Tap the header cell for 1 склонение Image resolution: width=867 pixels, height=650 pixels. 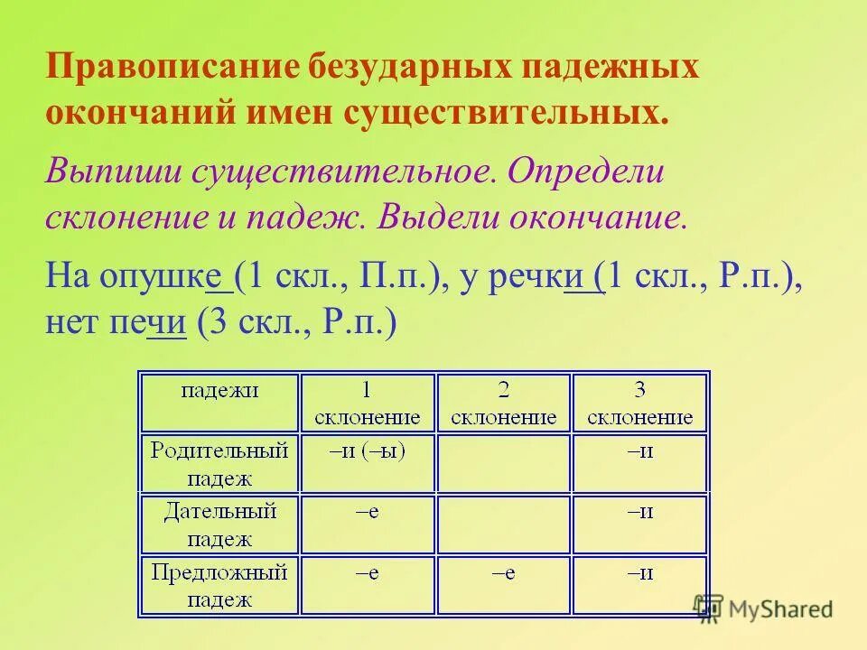[367, 403]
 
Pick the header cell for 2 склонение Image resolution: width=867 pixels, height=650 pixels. [503, 403]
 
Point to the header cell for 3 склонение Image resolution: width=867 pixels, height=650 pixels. [639, 403]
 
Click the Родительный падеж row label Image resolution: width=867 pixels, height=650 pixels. [219, 463]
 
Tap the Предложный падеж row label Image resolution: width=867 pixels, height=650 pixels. [219, 585]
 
